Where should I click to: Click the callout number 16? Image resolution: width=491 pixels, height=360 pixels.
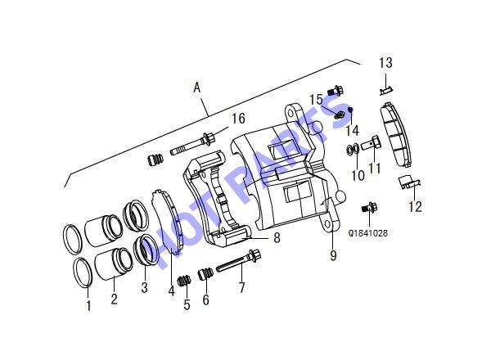pos(238,119)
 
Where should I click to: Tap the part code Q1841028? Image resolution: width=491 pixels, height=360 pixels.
pos(368,233)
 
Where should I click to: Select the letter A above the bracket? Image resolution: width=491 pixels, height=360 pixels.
pos(196,88)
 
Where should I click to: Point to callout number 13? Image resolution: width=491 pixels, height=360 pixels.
pos(385,63)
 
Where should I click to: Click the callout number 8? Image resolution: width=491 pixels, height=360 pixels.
pos(277,237)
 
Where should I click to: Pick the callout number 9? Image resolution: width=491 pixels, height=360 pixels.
pos(333,255)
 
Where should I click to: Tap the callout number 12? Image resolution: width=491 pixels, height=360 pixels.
pos(415,207)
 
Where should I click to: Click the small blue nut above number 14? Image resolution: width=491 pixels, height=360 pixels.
pos(350,110)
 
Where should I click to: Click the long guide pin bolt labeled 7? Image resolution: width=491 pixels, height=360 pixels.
pos(238,262)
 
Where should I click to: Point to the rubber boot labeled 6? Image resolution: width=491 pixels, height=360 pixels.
pos(205,274)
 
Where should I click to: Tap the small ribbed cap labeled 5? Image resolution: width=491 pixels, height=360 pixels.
pos(184,280)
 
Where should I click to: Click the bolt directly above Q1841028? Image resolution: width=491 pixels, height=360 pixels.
pos(370,207)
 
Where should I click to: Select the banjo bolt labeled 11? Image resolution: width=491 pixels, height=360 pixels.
pos(372,143)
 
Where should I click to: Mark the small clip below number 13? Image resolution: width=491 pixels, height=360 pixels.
pos(385,91)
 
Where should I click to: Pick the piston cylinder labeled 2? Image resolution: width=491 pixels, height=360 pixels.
pos(114,262)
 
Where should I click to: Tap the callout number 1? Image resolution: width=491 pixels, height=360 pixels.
pos(88,305)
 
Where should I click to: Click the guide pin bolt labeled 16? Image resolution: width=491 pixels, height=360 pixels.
pos(192,144)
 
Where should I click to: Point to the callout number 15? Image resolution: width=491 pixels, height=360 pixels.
pos(316,100)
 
